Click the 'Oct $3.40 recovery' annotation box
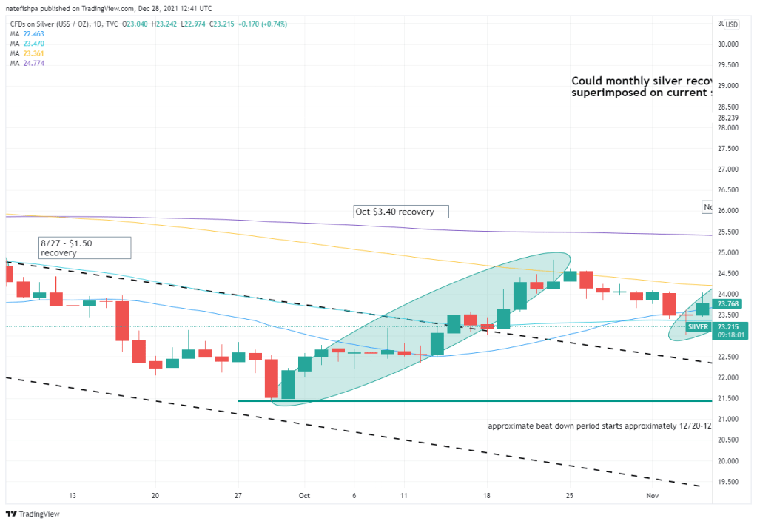pos(401,212)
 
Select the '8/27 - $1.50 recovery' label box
pos(85,247)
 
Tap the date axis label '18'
pos(486,496)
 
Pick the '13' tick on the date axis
pos(73,496)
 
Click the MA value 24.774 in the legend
pos(34,64)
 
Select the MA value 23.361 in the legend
pos(34,54)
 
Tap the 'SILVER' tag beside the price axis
pos(697,326)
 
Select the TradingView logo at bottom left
pos(33,514)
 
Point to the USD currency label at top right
pos(732,24)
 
